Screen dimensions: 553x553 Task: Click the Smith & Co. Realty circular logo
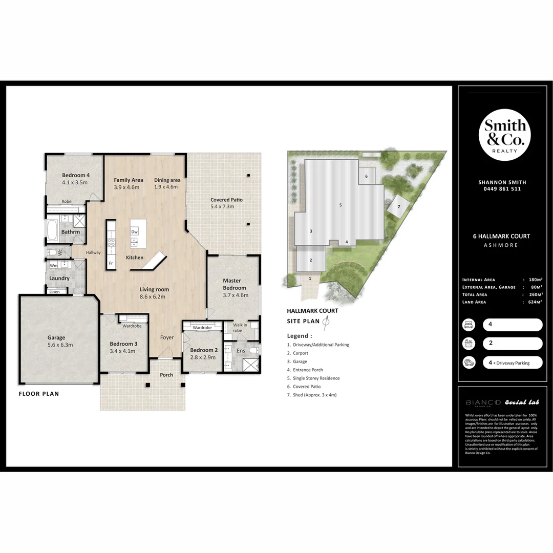click(x=504, y=135)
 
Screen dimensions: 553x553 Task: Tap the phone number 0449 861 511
click(x=502, y=189)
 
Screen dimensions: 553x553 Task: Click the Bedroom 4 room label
click(x=75, y=175)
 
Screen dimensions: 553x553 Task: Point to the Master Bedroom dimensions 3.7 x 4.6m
click(x=236, y=295)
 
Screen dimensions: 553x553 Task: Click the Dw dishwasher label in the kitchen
click(x=134, y=232)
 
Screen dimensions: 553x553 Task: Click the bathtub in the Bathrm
click(x=52, y=230)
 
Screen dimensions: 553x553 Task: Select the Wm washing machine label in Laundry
click(x=53, y=265)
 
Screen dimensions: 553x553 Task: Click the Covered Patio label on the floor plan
click(x=226, y=200)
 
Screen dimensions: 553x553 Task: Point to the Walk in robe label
click(x=241, y=328)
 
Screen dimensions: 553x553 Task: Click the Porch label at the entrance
click(x=166, y=375)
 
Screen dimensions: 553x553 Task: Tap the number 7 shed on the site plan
click(x=398, y=206)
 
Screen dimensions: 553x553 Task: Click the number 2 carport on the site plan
click(x=310, y=260)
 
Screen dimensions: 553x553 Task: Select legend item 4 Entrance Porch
click(x=305, y=370)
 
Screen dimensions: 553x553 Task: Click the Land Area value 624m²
click(x=535, y=302)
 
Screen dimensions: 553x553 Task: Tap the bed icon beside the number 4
click(x=468, y=325)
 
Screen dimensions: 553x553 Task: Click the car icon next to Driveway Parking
click(x=468, y=363)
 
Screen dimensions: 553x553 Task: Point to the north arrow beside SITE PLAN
click(x=325, y=321)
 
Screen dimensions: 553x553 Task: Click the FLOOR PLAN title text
click(x=38, y=394)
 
